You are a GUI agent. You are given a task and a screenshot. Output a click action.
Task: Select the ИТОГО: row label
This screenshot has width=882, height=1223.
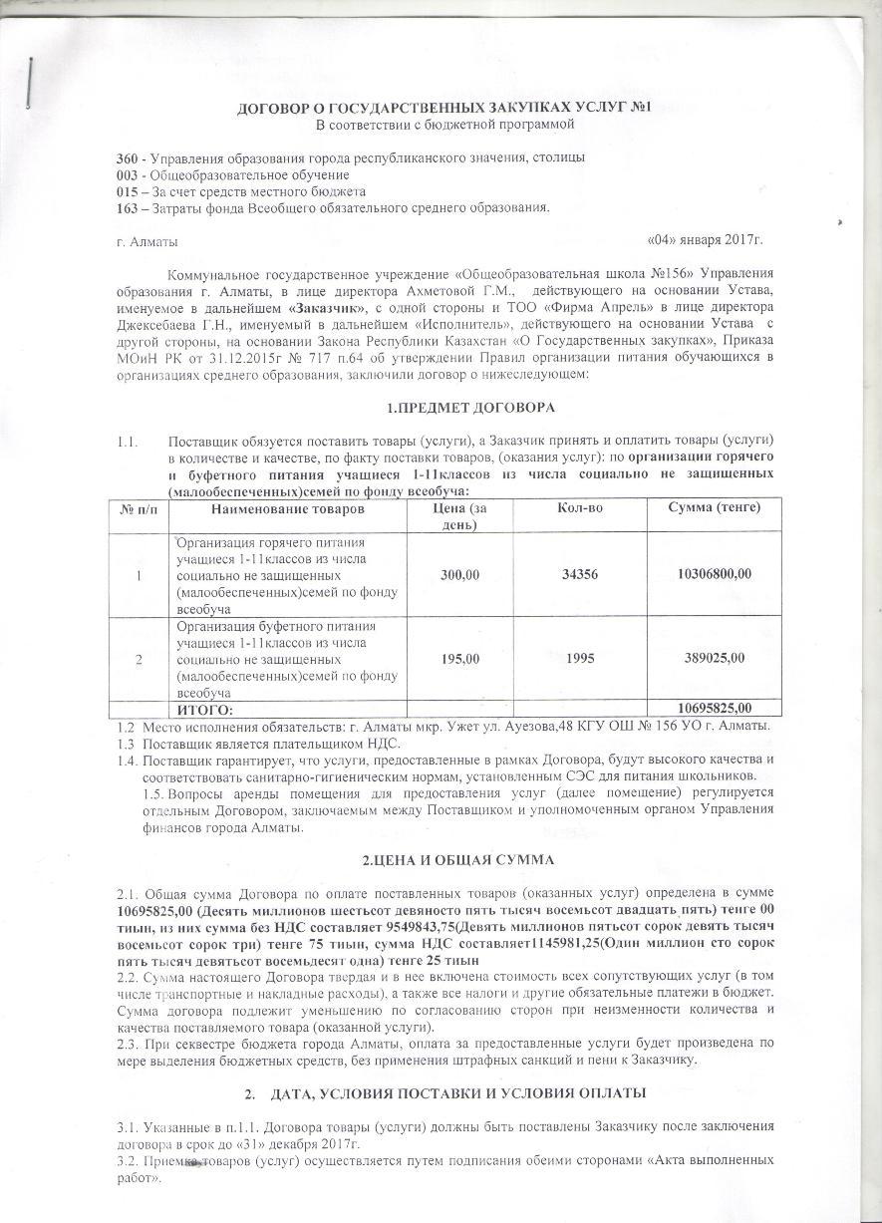click(x=204, y=709)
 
